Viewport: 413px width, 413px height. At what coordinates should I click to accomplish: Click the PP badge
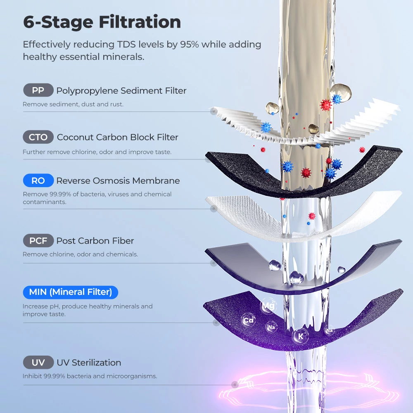click(38, 90)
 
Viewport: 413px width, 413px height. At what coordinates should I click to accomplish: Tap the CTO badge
click(38, 137)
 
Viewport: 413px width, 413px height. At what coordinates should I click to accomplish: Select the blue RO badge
click(38, 180)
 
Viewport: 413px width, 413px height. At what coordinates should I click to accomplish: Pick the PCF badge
click(38, 240)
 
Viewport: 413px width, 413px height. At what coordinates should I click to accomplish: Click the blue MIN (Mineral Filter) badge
click(70, 292)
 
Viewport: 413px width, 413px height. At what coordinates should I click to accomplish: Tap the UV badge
click(38, 363)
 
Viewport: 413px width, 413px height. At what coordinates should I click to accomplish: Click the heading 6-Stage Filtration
click(102, 22)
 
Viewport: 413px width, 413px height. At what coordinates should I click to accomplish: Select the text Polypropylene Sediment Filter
click(121, 90)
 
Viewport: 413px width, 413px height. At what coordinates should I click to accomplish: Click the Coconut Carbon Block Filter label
click(117, 137)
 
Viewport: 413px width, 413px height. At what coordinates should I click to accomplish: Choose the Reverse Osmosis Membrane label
click(118, 181)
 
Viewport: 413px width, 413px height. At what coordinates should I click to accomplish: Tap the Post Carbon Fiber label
click(95, 241)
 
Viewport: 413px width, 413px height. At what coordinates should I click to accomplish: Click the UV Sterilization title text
click(89, 363)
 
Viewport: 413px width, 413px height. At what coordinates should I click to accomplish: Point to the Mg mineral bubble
click(268, 306)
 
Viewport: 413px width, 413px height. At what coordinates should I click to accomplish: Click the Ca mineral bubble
click(248, 320)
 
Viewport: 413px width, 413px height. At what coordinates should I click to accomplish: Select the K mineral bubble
click(301, 336)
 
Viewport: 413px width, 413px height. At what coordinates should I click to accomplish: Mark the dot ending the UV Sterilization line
click(235, 385)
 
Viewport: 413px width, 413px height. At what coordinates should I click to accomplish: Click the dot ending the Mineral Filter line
click(216, 323)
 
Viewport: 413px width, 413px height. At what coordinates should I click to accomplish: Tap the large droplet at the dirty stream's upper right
click(341, 92)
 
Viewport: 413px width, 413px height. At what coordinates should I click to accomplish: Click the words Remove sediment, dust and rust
click(73, 104)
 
